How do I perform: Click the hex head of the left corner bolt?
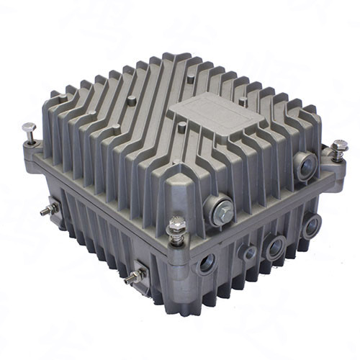click(30, 128)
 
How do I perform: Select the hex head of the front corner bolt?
click(176, 223)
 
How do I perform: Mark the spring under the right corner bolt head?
click(338, 154)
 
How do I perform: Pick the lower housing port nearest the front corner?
click(207, 262)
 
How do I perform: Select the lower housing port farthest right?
click(311, 227)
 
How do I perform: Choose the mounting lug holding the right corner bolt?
click(333, 163)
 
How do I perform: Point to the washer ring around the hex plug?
click(213, 209)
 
